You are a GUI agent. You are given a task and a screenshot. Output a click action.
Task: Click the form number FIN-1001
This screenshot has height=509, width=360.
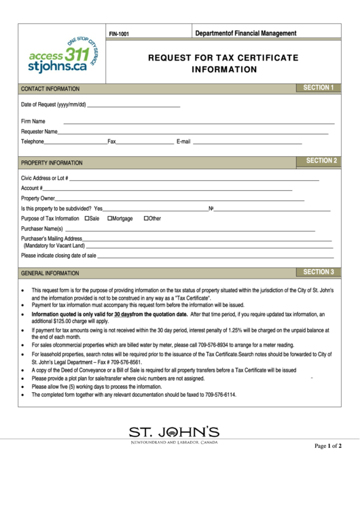click(x=119, y=33)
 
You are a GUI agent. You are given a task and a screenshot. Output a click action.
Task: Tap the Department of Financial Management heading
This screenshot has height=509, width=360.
click(x=245, y=33)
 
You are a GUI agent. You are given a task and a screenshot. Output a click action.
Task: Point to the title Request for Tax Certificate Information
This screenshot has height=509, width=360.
click(x=223, y=64)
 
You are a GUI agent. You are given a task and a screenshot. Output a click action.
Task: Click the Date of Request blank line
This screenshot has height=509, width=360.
click(x=134, y=105)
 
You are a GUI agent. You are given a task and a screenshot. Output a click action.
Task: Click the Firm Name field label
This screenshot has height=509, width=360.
click(x=33, y=121)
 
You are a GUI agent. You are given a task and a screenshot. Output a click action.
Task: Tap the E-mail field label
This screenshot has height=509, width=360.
click(x=187, y=142)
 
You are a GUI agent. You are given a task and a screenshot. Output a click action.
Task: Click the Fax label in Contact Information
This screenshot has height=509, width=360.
click(x=112, y=142)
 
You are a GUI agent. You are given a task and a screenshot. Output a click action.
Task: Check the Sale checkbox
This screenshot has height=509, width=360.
click(x=87, y=219)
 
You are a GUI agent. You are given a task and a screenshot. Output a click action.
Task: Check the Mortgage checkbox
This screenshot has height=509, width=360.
click(x=110, y=219)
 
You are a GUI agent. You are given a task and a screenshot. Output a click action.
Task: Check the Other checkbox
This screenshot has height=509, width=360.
click(x=146, y=219)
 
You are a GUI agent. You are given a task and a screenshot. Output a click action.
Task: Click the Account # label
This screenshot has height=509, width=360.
click(x=32, y=188)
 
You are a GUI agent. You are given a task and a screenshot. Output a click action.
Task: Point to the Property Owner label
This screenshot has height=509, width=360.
click(x=38, y=198)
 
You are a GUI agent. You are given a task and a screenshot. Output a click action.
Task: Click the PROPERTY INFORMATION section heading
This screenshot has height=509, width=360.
click(x=52, y=163)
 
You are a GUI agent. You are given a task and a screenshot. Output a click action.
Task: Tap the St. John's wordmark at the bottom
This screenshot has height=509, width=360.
click(x=174, y=431)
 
